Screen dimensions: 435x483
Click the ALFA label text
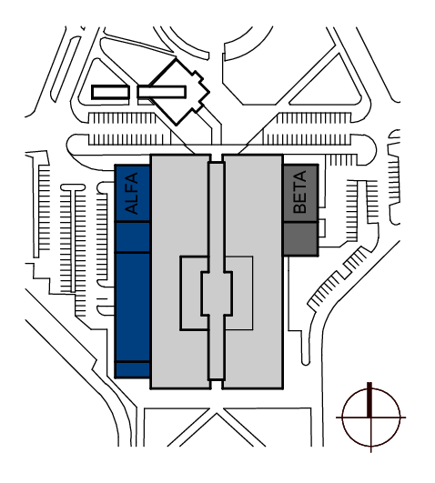point(133,193)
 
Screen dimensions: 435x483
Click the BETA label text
point(300,192)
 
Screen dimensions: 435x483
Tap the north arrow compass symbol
point(371,418)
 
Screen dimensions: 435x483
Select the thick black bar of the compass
point(369,400)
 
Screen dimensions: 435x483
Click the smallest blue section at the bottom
point(133,369)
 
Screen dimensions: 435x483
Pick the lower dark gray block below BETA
point(300,238)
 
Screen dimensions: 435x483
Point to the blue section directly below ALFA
point(133,236)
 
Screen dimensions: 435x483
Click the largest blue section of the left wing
point(133,307)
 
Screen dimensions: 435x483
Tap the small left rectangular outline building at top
point(110,92)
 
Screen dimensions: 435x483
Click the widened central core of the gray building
point(217,294)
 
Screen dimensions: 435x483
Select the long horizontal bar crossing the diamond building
point(162,92)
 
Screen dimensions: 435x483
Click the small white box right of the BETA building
point(322,228)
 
